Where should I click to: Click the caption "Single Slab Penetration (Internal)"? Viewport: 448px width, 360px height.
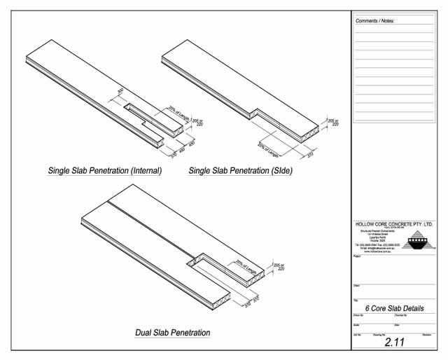(105, 170)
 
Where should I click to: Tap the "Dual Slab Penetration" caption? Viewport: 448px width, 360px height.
(172, 331)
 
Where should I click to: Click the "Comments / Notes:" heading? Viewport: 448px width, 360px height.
(375, 21)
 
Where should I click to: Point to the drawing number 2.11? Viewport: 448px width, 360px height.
(395, 343)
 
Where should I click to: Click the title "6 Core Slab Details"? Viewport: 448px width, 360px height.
(395, 308)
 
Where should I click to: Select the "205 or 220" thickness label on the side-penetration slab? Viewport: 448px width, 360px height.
(335, 121)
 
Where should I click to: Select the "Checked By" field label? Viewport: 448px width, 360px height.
(400, 316)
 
